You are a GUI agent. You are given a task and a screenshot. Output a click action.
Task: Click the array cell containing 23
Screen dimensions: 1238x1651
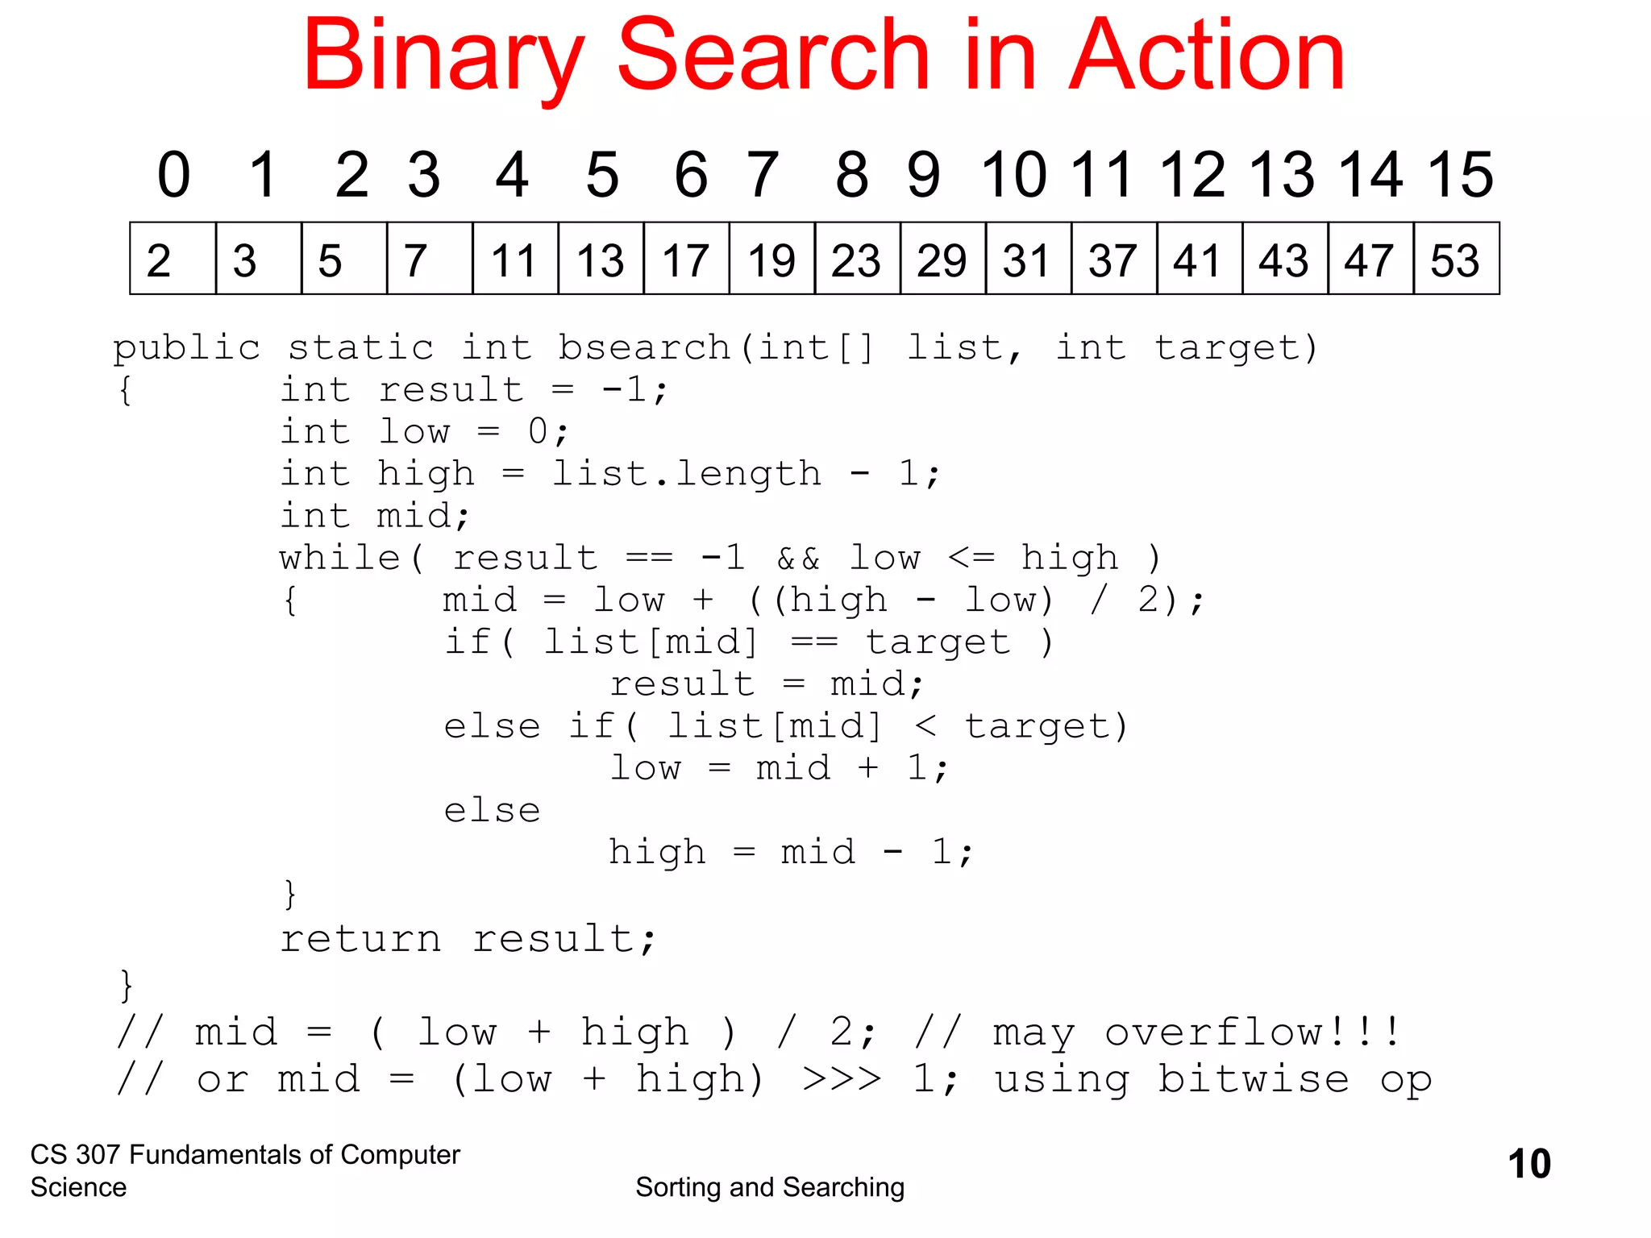point(857,260)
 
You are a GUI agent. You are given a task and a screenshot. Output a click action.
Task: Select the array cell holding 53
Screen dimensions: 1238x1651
point(1456,260)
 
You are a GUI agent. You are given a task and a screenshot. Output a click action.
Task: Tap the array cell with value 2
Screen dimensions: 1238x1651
point(173,260)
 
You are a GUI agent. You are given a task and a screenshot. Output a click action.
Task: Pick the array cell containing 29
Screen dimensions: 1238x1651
point(942,260)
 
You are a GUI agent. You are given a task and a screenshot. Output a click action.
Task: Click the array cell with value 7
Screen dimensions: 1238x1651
point(429,260)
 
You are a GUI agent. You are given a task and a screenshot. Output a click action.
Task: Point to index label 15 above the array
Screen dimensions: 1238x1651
point(1460,174)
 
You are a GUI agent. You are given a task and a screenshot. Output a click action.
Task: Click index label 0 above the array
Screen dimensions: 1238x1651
point(173,174)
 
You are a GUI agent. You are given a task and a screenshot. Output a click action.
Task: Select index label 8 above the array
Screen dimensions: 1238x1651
point(852,174)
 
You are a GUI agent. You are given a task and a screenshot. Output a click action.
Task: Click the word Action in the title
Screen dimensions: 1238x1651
point(1207,56)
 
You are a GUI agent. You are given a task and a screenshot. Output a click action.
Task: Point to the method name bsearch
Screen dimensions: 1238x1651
point(644,347)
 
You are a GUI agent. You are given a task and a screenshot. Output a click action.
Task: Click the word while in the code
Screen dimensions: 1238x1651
point(340,557)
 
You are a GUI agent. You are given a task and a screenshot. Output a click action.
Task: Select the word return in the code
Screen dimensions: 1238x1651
point(360,939)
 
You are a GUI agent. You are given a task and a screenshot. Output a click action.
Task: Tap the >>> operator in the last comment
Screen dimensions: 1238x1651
point(842,1079)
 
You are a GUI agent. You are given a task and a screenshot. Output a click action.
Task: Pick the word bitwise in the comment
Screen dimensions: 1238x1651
point(1254,1078)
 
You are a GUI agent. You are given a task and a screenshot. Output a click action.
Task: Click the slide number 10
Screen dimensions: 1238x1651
point(1528,1164)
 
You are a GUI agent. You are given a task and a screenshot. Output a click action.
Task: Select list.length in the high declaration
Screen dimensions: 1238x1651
point(686,473)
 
